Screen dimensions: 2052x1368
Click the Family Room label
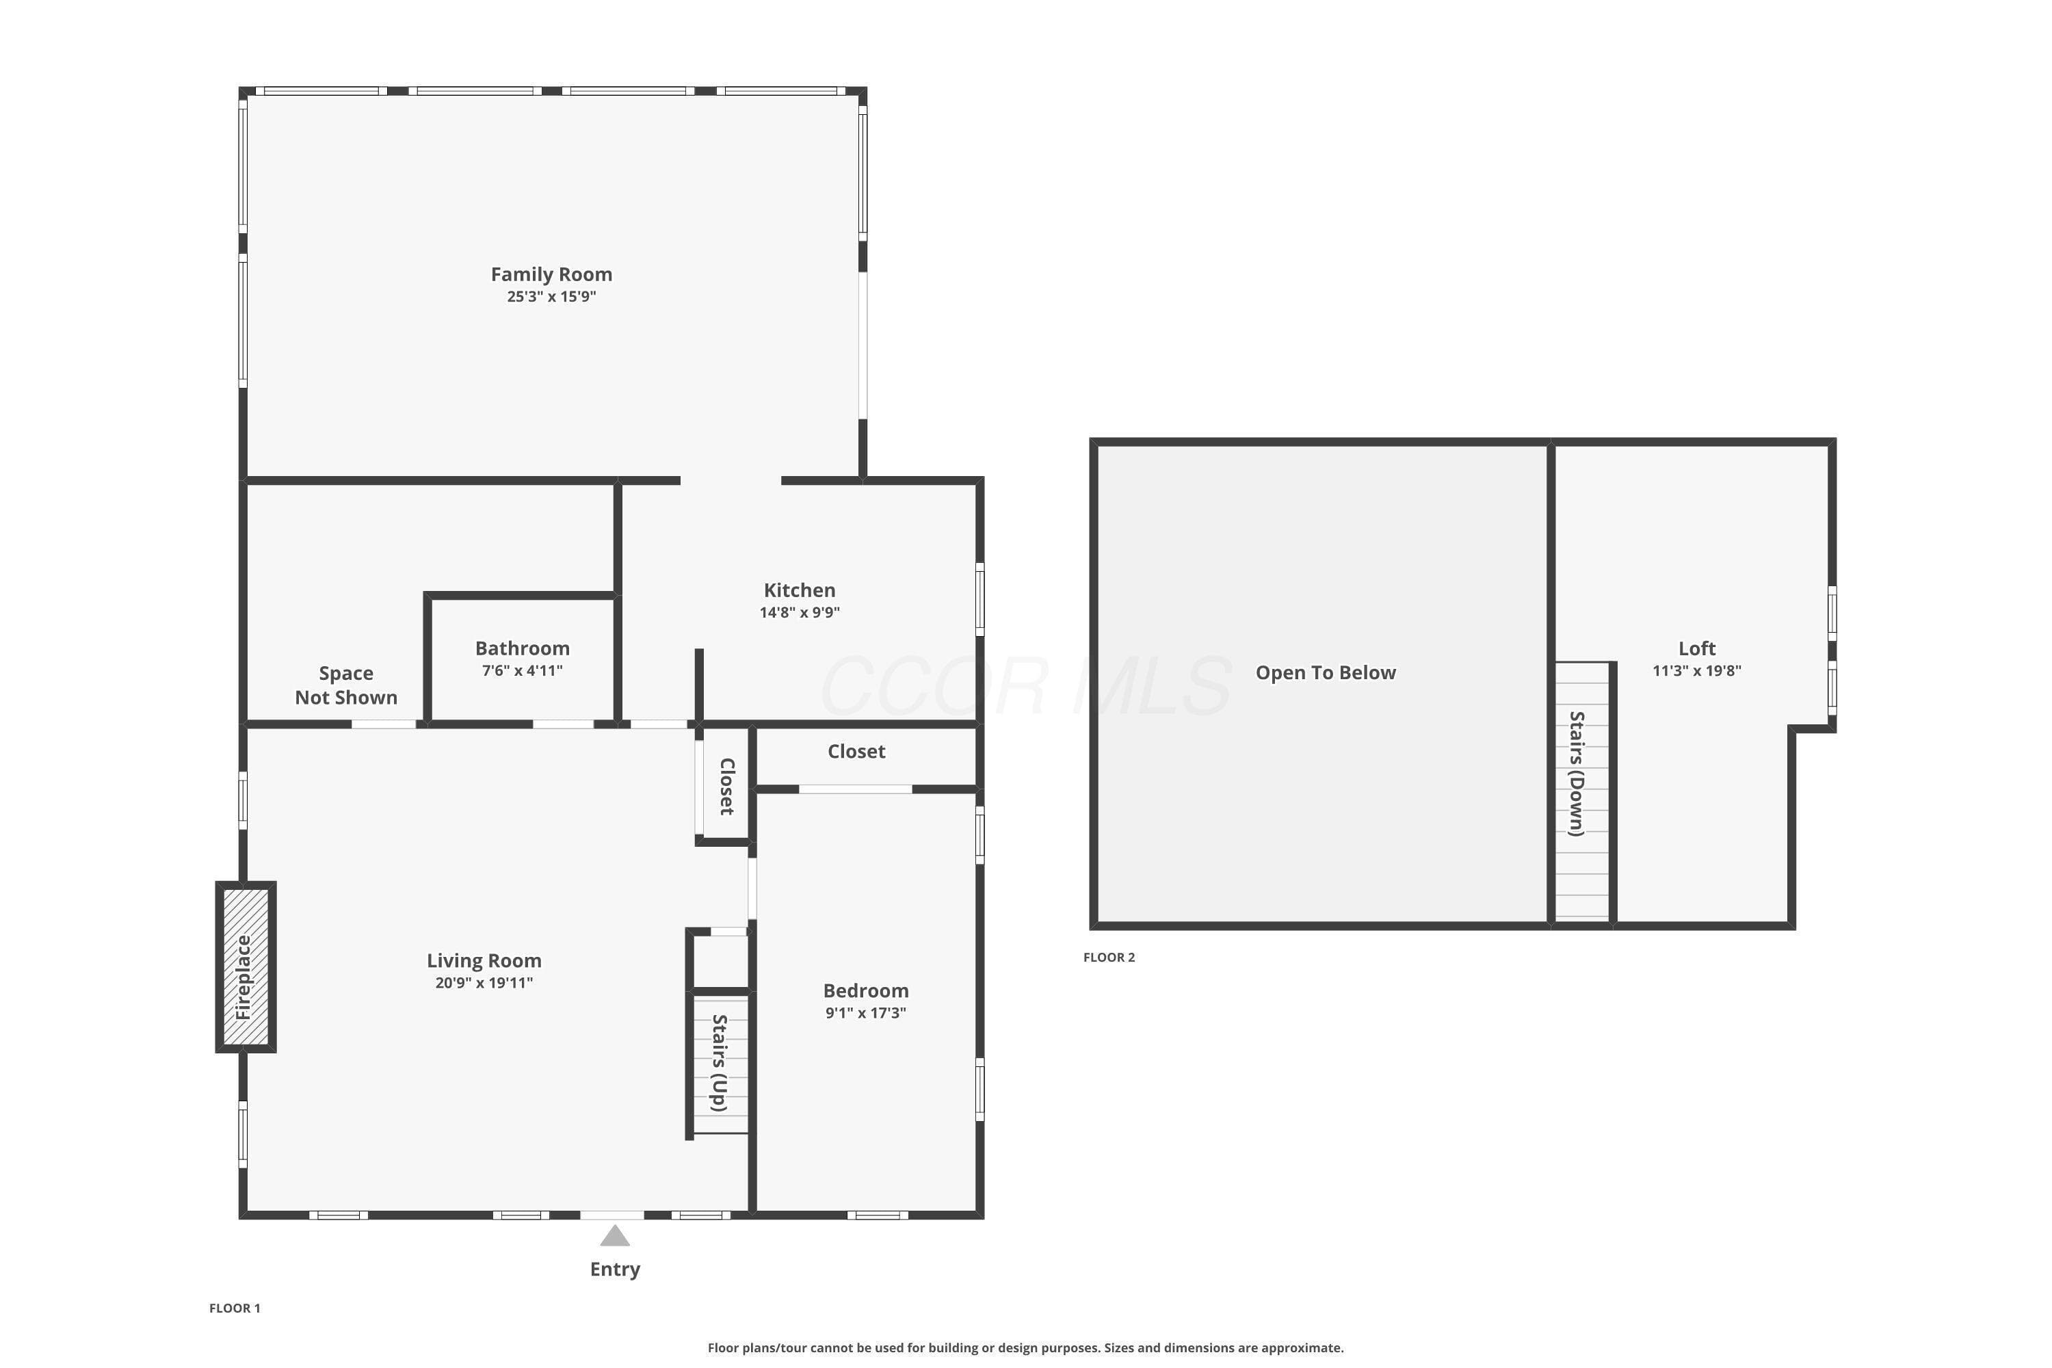(551, 274)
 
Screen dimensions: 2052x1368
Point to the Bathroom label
(522, 648)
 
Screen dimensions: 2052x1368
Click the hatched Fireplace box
(246, 966)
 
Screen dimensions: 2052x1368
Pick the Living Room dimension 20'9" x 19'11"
(484, 982)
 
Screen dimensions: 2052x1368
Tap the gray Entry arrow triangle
(615, 1235)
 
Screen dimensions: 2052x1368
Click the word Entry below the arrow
(615, 1269)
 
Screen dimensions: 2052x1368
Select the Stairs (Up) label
(720, 1063)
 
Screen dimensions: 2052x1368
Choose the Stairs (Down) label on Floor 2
(1577, 774)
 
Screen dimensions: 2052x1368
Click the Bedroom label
(865, 990)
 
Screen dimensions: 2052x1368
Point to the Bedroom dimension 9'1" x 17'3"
(865, 1013)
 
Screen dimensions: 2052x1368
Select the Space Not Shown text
(346, 685)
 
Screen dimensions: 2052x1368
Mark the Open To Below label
(1326, 672)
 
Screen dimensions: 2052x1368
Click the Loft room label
(1697, 648)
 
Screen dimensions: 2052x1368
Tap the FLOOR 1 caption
(235, 1308)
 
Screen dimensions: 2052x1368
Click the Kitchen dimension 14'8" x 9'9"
(799, 612)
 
